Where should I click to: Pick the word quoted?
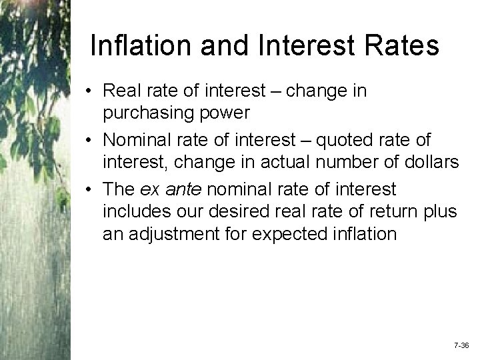point(339,141)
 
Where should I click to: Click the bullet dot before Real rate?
point(89,91)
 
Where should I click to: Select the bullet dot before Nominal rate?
point(89,141)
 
